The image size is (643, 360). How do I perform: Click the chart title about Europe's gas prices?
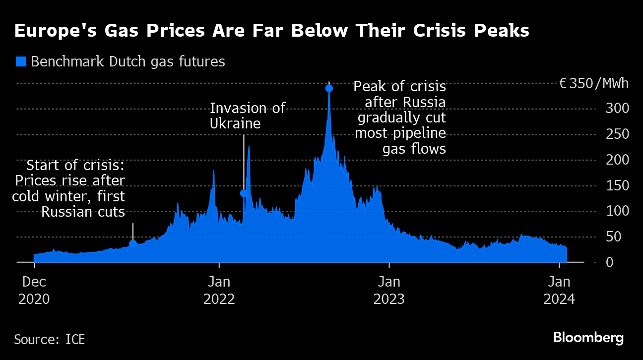[272, 31]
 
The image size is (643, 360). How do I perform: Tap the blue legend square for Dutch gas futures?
[21, 61]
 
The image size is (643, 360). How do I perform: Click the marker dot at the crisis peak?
[329, 88]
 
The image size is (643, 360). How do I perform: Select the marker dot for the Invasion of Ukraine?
[244, 193]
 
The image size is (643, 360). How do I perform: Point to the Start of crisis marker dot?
[132, 243]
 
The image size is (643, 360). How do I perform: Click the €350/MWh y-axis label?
[594, 83]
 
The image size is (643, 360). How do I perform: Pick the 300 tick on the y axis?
[615, 109]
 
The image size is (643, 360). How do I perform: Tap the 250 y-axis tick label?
[615, 134]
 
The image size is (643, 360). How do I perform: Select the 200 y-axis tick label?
[615, 160]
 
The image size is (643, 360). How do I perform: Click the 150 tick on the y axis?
[615, 185]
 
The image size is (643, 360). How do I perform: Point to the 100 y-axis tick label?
[615, 211]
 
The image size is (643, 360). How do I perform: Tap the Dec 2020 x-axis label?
[35, 291]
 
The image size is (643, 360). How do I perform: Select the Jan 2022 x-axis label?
[218, 291]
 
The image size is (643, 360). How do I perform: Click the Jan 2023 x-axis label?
[389, 291]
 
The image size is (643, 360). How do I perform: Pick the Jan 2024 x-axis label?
[560, 291]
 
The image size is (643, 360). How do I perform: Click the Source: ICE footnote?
[49, 340]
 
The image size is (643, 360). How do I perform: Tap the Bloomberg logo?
[588, 338]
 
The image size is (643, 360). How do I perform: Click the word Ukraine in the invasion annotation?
[235, 123]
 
